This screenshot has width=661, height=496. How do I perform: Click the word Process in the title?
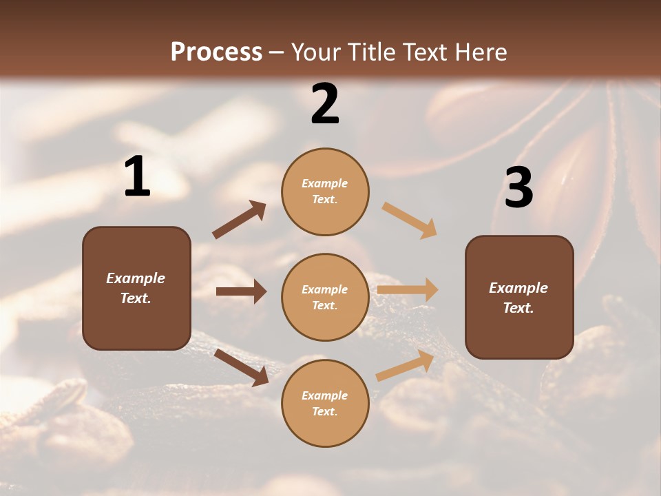[x=216, y=52]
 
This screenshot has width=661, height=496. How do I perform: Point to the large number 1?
[x=137, y=177]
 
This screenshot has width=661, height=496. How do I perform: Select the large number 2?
[x=325, y=104]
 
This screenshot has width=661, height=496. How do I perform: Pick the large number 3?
[x=518, y=188]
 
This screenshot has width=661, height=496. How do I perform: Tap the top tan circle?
[x=325, y=192]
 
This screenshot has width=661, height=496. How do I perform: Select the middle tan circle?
[x=325, y=298]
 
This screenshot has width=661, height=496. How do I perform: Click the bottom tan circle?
[x=325, y=404]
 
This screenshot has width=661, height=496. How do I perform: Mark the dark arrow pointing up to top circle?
[x=239, y=220]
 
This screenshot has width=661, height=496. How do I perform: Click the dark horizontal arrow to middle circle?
[x=241, y=291]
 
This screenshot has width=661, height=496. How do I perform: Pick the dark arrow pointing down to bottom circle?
[x=241, y=367]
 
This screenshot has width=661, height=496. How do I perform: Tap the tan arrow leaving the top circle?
[x=410, y=220]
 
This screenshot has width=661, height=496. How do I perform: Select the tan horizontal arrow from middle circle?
[x=408, y=290]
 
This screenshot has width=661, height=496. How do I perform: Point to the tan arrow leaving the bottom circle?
[x=405, y=366]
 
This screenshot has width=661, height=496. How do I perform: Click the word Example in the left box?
[x=136, y=278]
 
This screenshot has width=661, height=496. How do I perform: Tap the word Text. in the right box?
[x=518, y=308]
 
